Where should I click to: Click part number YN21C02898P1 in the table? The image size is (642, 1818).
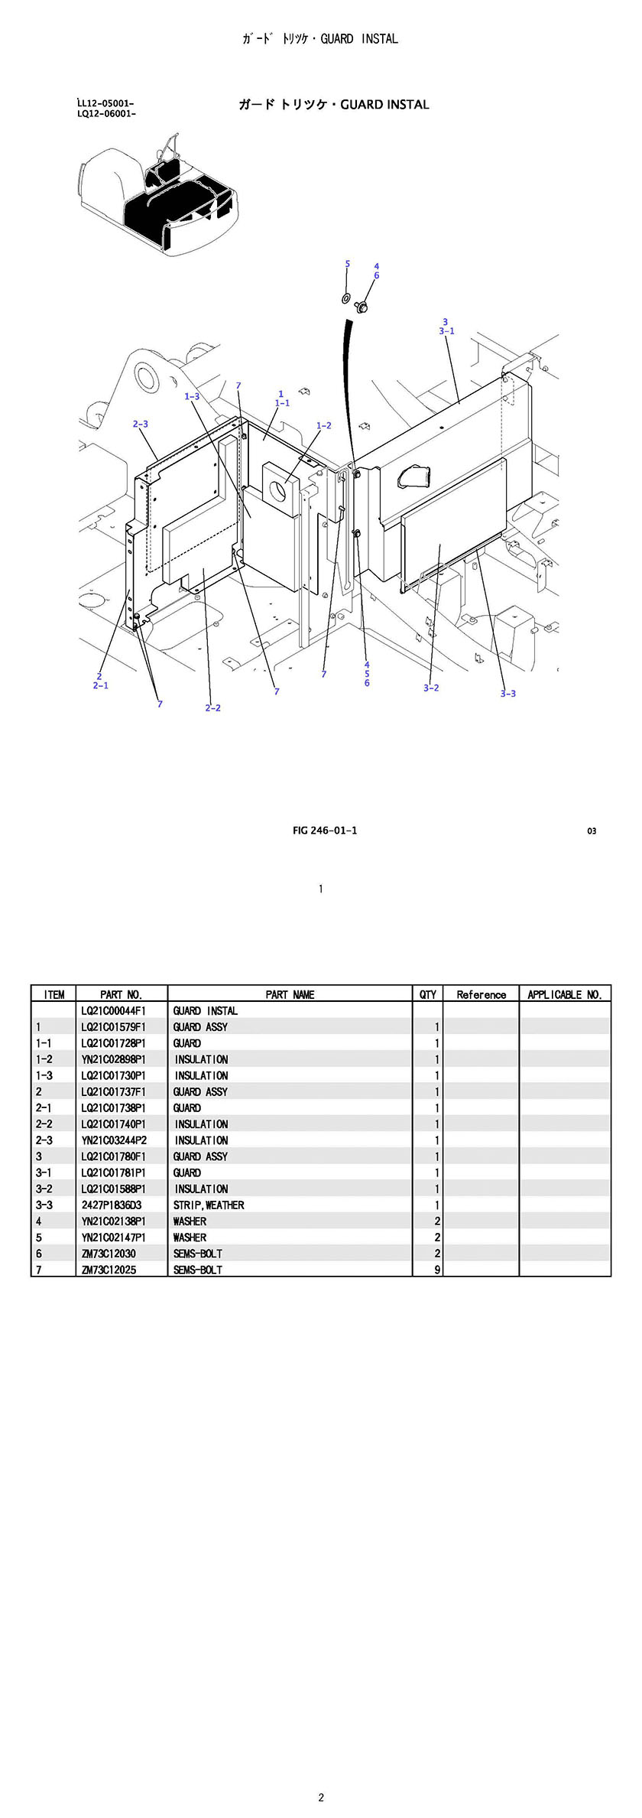(113, 1059)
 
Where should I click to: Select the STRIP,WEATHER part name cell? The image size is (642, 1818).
(209, 1205)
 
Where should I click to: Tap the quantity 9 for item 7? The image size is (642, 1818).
(437, 1270)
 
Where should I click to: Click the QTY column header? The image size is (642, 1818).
(428, 994)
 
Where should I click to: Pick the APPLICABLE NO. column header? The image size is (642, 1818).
(565, 994)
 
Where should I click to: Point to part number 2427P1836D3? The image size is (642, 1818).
(112, 1205)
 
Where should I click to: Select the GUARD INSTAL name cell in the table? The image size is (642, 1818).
(205, 1011)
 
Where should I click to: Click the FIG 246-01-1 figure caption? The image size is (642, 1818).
(325, 831)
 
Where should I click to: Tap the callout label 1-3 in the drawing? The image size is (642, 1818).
(192, 396)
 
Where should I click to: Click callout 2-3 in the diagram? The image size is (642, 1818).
(141, 424)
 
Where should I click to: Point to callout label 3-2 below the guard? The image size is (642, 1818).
(431, 688)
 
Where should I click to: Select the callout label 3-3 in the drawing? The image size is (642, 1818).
(508, 694)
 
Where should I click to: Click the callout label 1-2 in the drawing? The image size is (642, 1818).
(324, 425)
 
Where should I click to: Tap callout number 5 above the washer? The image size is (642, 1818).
(347, 264)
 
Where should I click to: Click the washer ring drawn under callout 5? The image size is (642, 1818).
(346, 296)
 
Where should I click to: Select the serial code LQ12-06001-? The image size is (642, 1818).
(107, 114)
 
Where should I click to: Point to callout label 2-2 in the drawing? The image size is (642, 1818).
(212, 707)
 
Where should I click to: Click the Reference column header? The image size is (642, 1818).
(481, 994)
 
